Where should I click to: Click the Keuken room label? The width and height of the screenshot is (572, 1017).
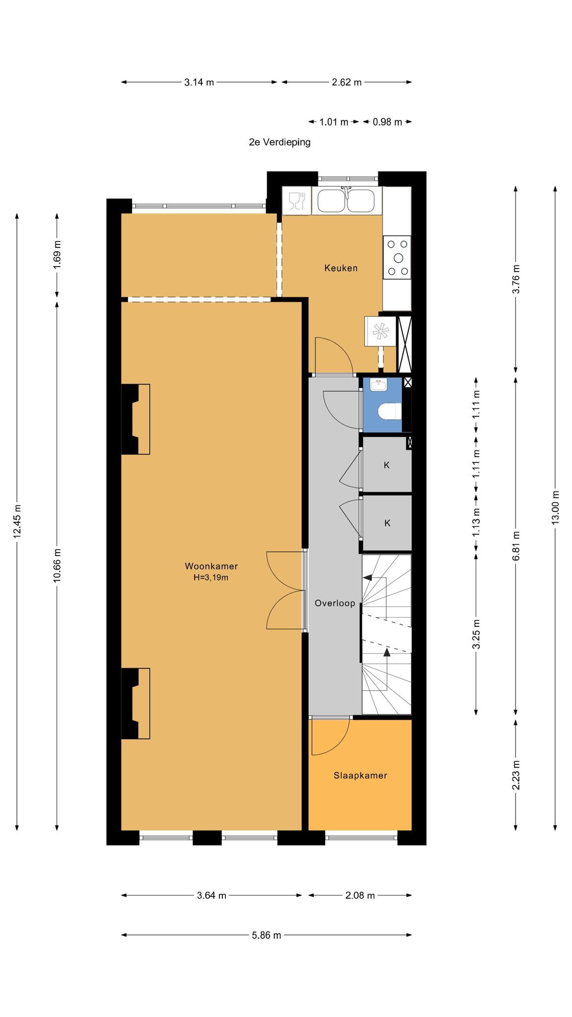click(341, 268)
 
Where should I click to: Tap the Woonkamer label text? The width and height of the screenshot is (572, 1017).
click(211, 566)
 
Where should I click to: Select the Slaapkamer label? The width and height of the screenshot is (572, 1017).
click(360, 776)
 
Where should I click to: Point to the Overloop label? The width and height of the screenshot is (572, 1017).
click(335, 603)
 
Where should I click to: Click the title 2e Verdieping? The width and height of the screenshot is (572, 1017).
click(280, 142)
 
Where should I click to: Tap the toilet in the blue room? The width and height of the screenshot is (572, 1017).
click(390, 412)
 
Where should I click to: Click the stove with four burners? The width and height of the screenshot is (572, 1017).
click(397, 257)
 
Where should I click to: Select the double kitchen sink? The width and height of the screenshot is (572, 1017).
click(347, 201)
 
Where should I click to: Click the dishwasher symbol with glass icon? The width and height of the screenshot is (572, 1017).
click(296, 201)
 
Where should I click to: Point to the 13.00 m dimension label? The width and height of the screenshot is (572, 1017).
click(556, 507)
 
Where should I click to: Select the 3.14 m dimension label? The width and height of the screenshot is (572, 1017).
click(199, 82)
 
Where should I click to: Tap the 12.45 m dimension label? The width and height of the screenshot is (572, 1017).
click(17, 521)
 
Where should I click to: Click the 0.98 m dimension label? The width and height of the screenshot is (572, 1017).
click(387, 122)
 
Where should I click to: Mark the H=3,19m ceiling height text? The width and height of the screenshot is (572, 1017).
click(211, 578)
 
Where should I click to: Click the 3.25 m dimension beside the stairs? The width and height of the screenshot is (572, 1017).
click(477, 634)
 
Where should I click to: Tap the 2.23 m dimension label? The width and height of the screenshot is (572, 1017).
click(516, 775)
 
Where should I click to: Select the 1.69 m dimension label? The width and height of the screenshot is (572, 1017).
click(57, 254)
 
